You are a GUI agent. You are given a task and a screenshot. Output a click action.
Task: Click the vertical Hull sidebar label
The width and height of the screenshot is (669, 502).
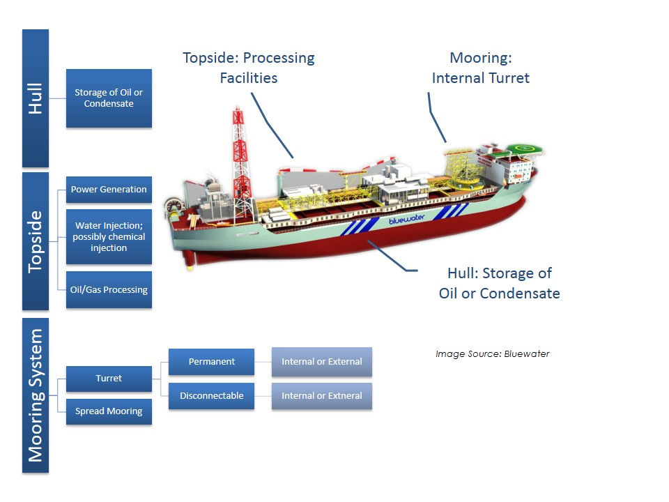36,98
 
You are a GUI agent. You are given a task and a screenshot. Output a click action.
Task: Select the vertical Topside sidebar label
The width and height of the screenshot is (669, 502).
36,241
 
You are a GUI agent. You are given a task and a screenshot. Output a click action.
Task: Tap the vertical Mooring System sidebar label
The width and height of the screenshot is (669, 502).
36,395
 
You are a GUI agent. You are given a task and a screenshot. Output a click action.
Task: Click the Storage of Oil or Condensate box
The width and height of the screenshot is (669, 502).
109,98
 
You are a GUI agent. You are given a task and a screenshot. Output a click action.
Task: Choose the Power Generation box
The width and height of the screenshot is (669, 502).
109,190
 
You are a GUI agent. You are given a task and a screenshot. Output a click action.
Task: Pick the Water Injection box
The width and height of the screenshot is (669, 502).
109,236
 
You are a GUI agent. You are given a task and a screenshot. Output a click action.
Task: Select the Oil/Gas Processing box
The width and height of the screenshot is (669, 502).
109,290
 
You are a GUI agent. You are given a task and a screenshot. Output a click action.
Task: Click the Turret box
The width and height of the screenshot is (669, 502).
109,379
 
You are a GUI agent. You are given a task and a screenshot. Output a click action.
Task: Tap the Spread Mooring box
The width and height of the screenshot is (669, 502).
109,411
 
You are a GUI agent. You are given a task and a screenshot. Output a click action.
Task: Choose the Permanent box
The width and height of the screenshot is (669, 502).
212,362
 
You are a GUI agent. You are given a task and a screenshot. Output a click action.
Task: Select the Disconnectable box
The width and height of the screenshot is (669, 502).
212,395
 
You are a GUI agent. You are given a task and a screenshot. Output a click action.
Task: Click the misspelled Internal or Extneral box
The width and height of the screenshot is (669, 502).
322,395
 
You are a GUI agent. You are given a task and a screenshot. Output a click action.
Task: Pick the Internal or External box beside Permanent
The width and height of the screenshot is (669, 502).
322,362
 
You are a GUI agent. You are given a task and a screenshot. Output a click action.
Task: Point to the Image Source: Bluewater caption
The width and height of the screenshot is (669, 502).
492,354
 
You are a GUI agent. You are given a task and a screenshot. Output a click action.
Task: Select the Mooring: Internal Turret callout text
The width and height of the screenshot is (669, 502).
480,68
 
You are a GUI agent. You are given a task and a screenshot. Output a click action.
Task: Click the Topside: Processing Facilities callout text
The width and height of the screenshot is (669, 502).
249,68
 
